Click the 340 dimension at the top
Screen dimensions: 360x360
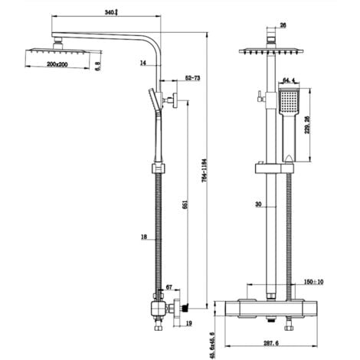point(112,12)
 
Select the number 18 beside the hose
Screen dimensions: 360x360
point(143,238)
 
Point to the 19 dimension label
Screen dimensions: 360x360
point(189,324)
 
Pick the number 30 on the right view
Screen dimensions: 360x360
point(259,204)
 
